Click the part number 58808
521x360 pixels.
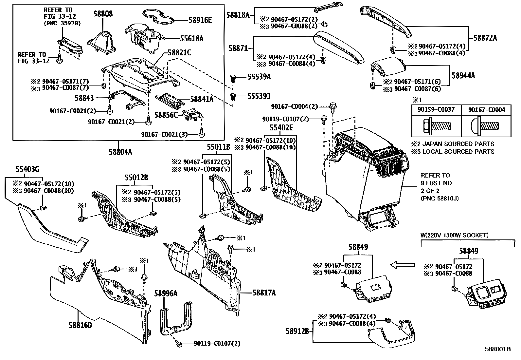pos(102,14)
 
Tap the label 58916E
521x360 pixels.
pos(200,20)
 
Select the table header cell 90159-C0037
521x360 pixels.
pos(436,109)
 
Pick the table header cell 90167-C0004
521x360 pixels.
pos(486,109)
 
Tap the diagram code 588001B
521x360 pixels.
pos(498,349)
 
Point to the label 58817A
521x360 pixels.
pos(264,293)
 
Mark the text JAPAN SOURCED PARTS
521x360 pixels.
pos(458,144)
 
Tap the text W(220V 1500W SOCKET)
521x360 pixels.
pos(454,235)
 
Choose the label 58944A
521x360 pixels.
pos(463,76)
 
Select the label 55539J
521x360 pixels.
pos(259,96)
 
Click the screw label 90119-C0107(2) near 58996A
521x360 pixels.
pos(217,344)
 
